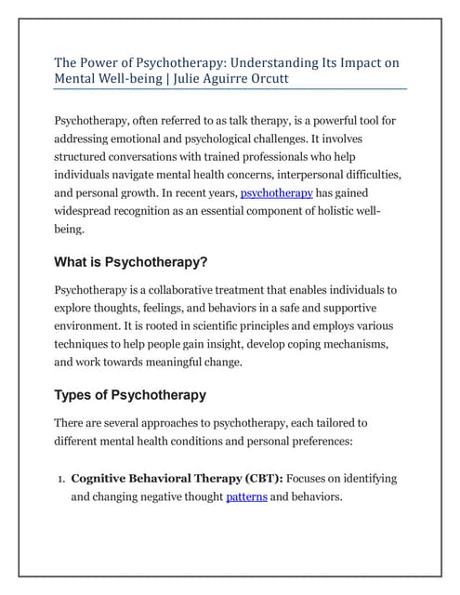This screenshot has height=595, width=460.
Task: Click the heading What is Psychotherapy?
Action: pos(129,262)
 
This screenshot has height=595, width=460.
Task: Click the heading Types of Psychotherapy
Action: pos(130,395)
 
